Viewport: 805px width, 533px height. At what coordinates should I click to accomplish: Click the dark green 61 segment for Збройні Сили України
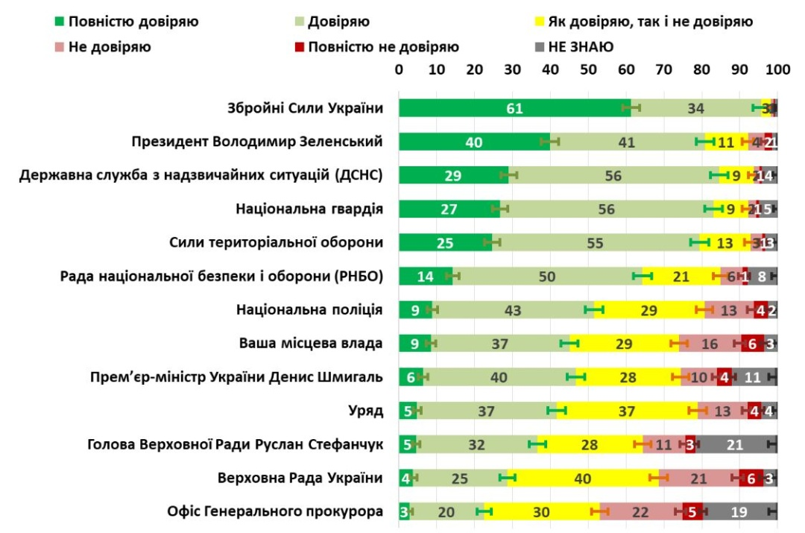tap(514, 108)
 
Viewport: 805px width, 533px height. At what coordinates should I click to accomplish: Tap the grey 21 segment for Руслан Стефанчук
tap(735, 444)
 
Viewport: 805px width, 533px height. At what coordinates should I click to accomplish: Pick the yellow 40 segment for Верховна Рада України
tap(583, 478)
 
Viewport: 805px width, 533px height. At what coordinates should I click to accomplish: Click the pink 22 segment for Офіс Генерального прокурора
tap(640, 511)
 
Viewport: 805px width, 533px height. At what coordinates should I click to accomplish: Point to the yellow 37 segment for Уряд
tap(626, 411)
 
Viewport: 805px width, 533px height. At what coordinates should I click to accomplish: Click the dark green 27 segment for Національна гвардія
tap(449, 209)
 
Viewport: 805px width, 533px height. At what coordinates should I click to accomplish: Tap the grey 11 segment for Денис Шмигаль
tap(754, 377)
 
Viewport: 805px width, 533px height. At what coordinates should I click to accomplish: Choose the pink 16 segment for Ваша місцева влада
tap(710, 344)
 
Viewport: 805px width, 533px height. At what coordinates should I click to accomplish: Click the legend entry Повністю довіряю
tap(126, 22)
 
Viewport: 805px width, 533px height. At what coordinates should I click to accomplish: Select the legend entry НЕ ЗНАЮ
tap(574, 47)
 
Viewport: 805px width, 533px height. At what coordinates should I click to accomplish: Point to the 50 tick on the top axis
tap(588, 70)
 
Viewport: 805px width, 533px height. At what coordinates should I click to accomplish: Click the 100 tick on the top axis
tap(777, 70)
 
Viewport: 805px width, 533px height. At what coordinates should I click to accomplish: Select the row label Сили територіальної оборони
tap(276, 242)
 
